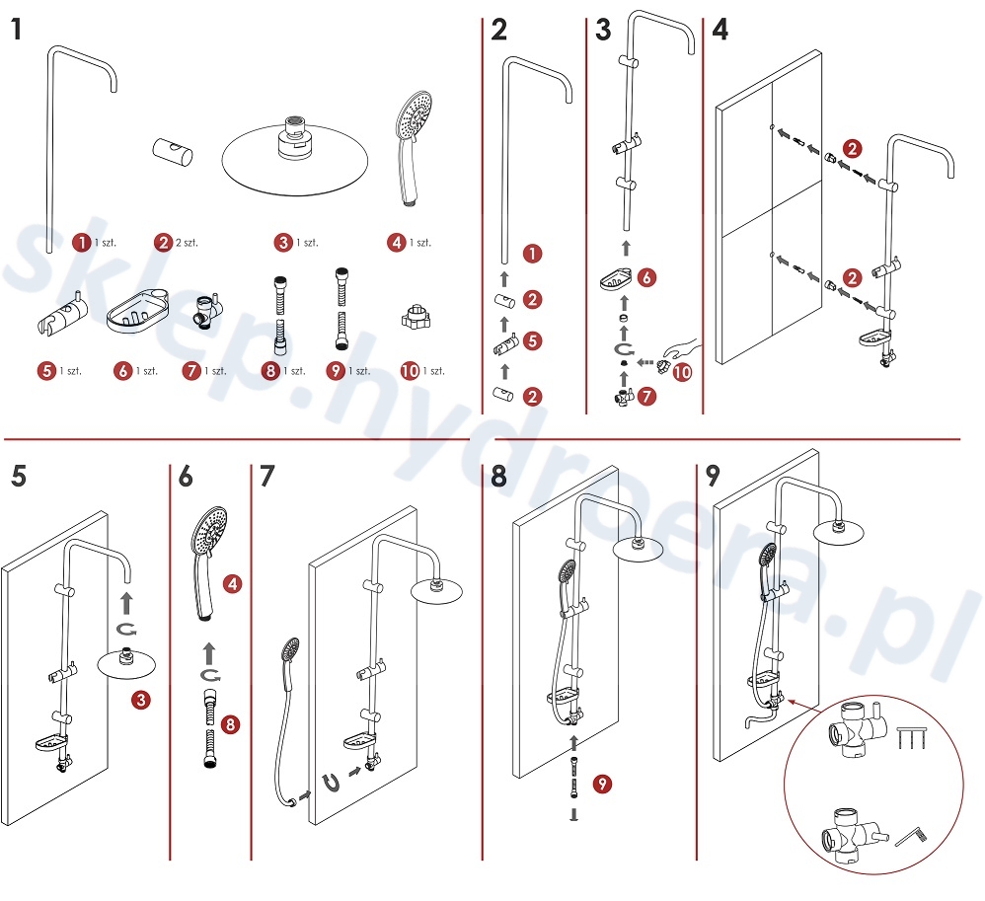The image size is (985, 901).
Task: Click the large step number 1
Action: pyautogui.click(x=16, y=30)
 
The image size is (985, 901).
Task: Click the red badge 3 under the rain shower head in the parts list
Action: pyautogui.click(x=284, y=241)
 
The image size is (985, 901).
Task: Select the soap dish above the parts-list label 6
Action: pyautogui.click(x=135, y=314)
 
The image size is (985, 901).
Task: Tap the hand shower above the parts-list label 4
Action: pyautogui.click(x=413, y=143)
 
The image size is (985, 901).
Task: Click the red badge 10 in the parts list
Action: pyautogui.click(x=410, y=371)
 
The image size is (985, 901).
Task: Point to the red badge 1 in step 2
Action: pyautogui.click(x=532, y=254)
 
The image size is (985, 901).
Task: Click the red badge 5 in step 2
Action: pyautogui.click(x=532, y=341)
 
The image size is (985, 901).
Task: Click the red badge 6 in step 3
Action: pyautogui.click(x=645, y=278)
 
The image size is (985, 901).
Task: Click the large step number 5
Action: pyautogui.click(x=17, y=477)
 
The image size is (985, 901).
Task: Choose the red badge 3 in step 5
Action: pyautogui.click(x=142, y=700)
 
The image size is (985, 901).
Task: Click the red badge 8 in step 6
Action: pyautogui.click(x=231, y=724)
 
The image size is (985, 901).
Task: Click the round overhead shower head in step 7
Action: pyautogui.click(x=438, y=590)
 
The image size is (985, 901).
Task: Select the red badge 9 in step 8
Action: pyautogui.click(x=600, y=784)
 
